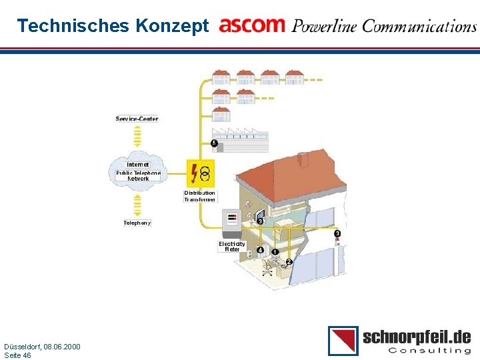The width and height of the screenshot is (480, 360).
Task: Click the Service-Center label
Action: (x=137, y=119)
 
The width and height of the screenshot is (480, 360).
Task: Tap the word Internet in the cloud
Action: (x=138, y=164)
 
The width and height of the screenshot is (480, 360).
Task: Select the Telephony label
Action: (x=137, y=223)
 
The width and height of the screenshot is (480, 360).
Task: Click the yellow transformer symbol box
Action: (x=200, y=173)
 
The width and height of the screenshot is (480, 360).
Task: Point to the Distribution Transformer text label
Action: (x=200, y=196)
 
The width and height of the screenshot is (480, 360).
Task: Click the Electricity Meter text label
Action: (x=232, y=246)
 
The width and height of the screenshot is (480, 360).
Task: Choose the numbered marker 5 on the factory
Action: (x=214, y=143)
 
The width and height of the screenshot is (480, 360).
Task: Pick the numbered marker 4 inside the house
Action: (x=260, y=251)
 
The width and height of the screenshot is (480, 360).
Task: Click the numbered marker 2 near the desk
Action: (x=289, y=262)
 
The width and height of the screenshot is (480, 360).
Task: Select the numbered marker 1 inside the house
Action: (x=275, y=252)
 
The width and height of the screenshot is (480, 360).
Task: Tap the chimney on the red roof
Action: (x=303, y=159)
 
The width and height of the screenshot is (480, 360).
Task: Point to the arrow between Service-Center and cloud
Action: (x=137, y=136)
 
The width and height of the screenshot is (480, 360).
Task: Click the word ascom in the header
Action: (x=252, y=25)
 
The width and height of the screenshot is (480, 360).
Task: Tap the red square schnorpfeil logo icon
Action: (x=343, y=341)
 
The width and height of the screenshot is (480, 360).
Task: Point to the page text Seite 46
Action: (x=17, y=355)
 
